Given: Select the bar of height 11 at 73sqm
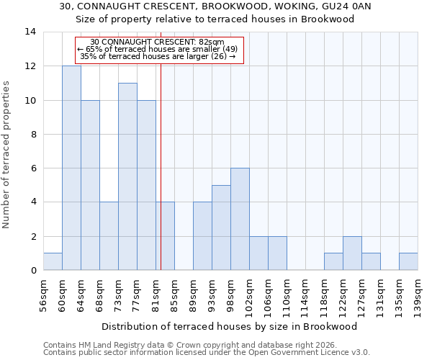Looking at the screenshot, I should (127, 176).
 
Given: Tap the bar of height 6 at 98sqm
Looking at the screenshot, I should (240, 219).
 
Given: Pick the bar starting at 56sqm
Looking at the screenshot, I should (53, 261).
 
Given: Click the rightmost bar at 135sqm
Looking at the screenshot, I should (408, 261).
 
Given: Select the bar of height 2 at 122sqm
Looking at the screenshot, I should (352, 253).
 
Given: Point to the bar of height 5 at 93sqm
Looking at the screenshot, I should (221, 228).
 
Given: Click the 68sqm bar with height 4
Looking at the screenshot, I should (109, 236).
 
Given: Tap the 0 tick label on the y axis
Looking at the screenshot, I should (32, 271).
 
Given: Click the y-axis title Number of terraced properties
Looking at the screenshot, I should (6, 155).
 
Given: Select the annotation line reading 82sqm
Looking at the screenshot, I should (157, 42).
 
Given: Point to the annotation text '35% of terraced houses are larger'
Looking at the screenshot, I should (158, 56).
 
